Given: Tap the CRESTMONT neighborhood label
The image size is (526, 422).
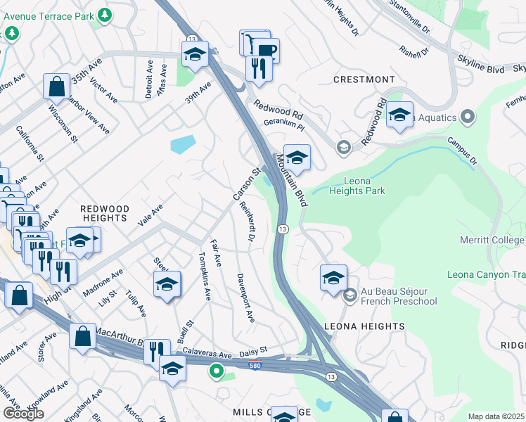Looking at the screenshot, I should coord(364,79).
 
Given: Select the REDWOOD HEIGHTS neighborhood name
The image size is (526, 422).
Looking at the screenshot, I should coord(105,214).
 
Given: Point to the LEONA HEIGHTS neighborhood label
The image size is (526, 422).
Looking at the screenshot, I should coord(364,326).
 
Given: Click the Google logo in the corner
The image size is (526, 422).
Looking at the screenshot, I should coord(23,414).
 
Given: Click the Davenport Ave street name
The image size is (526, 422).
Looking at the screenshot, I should coord(245,298).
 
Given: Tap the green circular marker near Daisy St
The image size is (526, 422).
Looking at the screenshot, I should coord(217,371).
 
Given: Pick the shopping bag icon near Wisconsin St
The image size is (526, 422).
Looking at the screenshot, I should coord(56,87).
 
